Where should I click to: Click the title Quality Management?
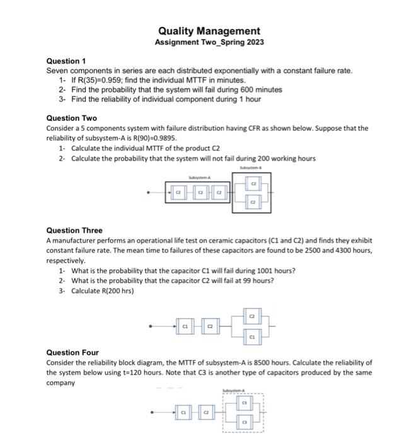tap(209, 31)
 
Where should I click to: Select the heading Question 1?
tap(66, 61)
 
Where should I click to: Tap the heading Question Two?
tap(72, 118)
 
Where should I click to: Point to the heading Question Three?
tap(74, 231)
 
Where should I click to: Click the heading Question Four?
tap(72, 353)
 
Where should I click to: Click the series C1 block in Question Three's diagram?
tap(185, 326)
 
